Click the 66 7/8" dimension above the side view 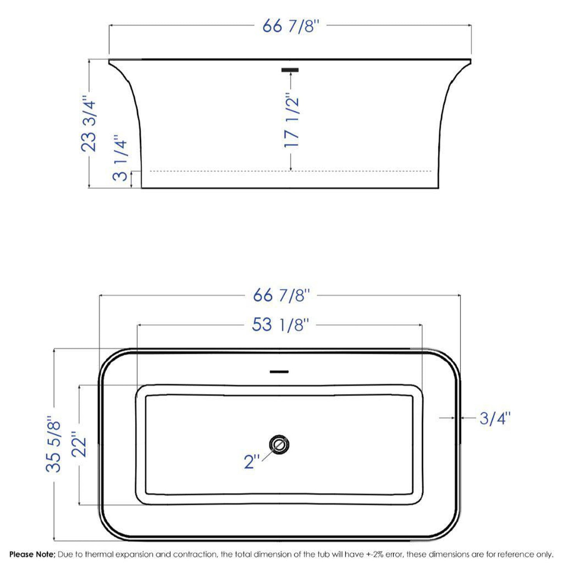pos(290,26)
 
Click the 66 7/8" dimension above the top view pos(281,295)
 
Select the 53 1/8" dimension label pos(280,325)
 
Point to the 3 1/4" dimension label pos(120,158)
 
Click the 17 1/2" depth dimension pos(291,120)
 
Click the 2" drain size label pos(251,462)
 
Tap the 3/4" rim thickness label pos(494,418)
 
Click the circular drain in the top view pos(279,444)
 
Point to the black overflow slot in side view pos(290,70)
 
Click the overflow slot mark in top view pos(279,372)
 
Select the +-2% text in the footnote pos(374,554)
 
